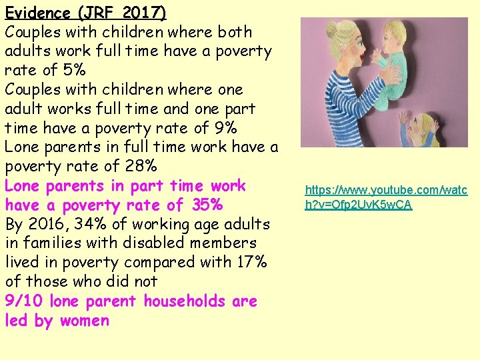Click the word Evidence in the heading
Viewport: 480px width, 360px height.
click(38, 13)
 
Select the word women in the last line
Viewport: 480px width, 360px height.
click(84, 321)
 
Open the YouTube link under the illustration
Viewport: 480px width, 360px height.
click(386, 197)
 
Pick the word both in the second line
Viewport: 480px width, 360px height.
click(235, 32)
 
